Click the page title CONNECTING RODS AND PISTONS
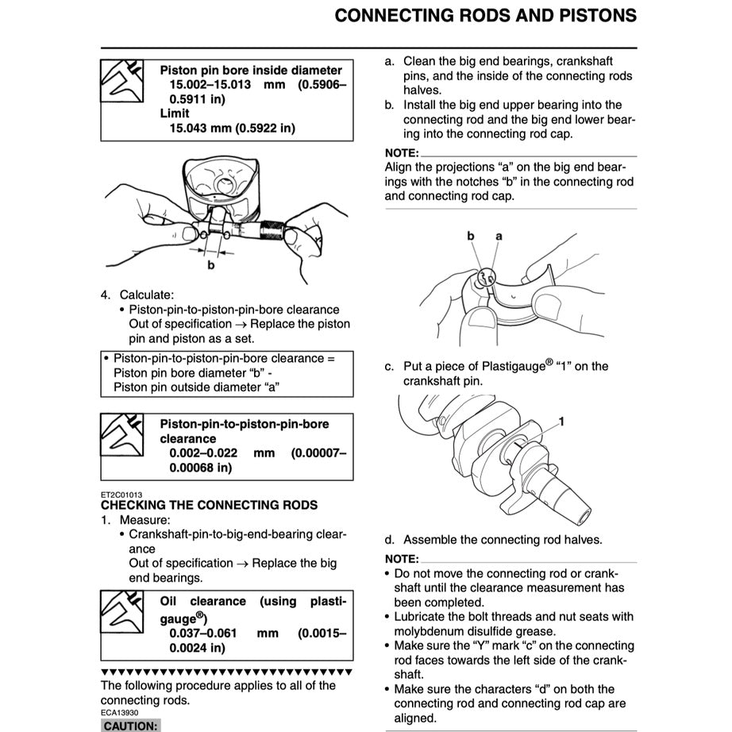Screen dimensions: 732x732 (485, 16)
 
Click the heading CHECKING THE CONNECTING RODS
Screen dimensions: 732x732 (209, 505)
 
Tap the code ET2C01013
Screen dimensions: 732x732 (121, 494)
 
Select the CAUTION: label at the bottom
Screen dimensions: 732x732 (131, 725)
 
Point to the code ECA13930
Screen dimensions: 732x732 (120, 712)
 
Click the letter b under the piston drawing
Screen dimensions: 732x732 (211, 265)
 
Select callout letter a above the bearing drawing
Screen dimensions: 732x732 (499, 236)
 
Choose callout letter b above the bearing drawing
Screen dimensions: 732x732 (471, 236)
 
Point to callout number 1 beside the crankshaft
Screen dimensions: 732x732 (561, 422)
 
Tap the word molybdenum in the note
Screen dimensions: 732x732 (430, 631)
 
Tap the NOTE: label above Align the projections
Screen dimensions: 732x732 (401, 152)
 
